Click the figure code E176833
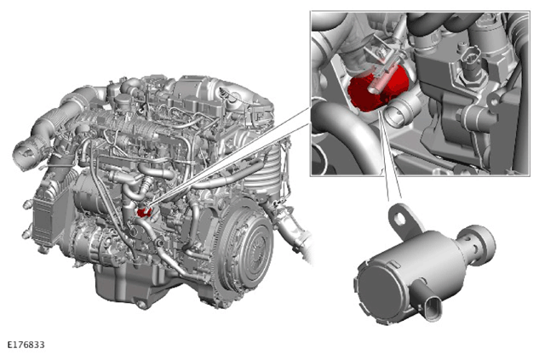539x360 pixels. (26, 345)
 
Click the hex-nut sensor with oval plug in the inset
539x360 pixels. (470, 64)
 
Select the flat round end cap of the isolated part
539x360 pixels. (378, 293)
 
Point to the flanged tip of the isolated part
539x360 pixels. (482, 243)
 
